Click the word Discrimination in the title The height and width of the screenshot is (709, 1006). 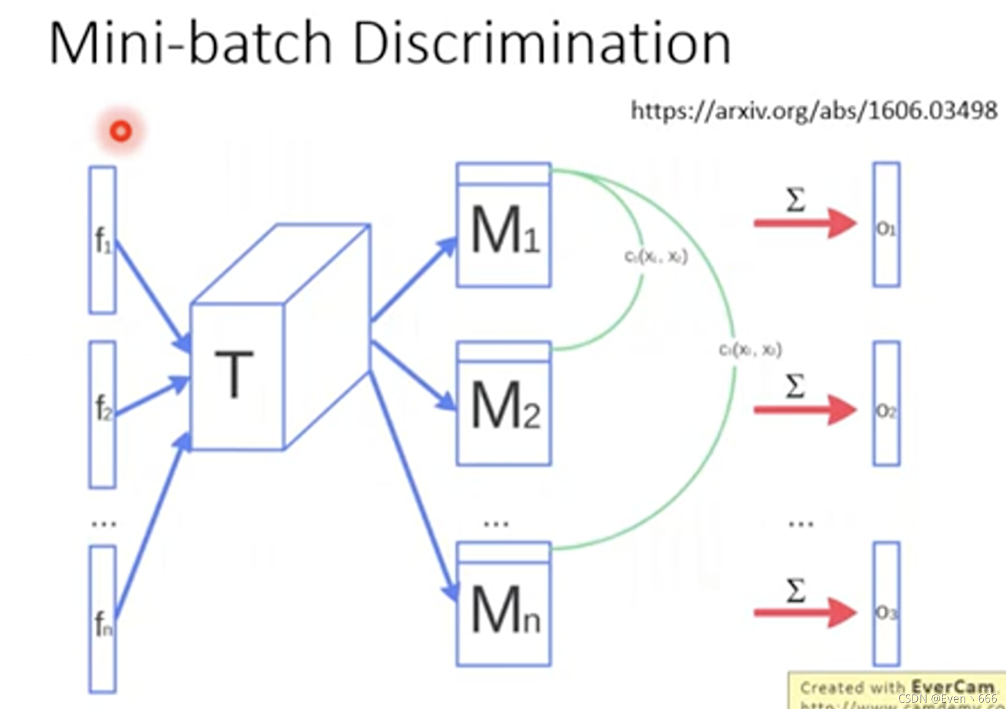click(542, 43)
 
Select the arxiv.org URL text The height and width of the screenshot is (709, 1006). click(814, 110)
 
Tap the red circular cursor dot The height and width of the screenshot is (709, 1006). click(121, 131)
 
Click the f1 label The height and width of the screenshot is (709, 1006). click(103, 240)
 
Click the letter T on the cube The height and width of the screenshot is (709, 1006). click(234, 374)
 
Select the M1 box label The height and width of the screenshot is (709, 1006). click(505, 231)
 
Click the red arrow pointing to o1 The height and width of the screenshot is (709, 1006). click(805, 223)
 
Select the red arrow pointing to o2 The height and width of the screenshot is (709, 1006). click(805, 410)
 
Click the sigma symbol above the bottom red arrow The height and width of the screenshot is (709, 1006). click(796, 590)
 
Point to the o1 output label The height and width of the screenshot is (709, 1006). click(886, 229)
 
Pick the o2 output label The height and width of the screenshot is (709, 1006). click(886, 411)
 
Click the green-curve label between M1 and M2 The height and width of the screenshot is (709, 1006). click(656, 257)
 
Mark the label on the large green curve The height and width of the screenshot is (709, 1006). click(750, 349)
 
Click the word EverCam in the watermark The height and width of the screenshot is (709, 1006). click(952, 687)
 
